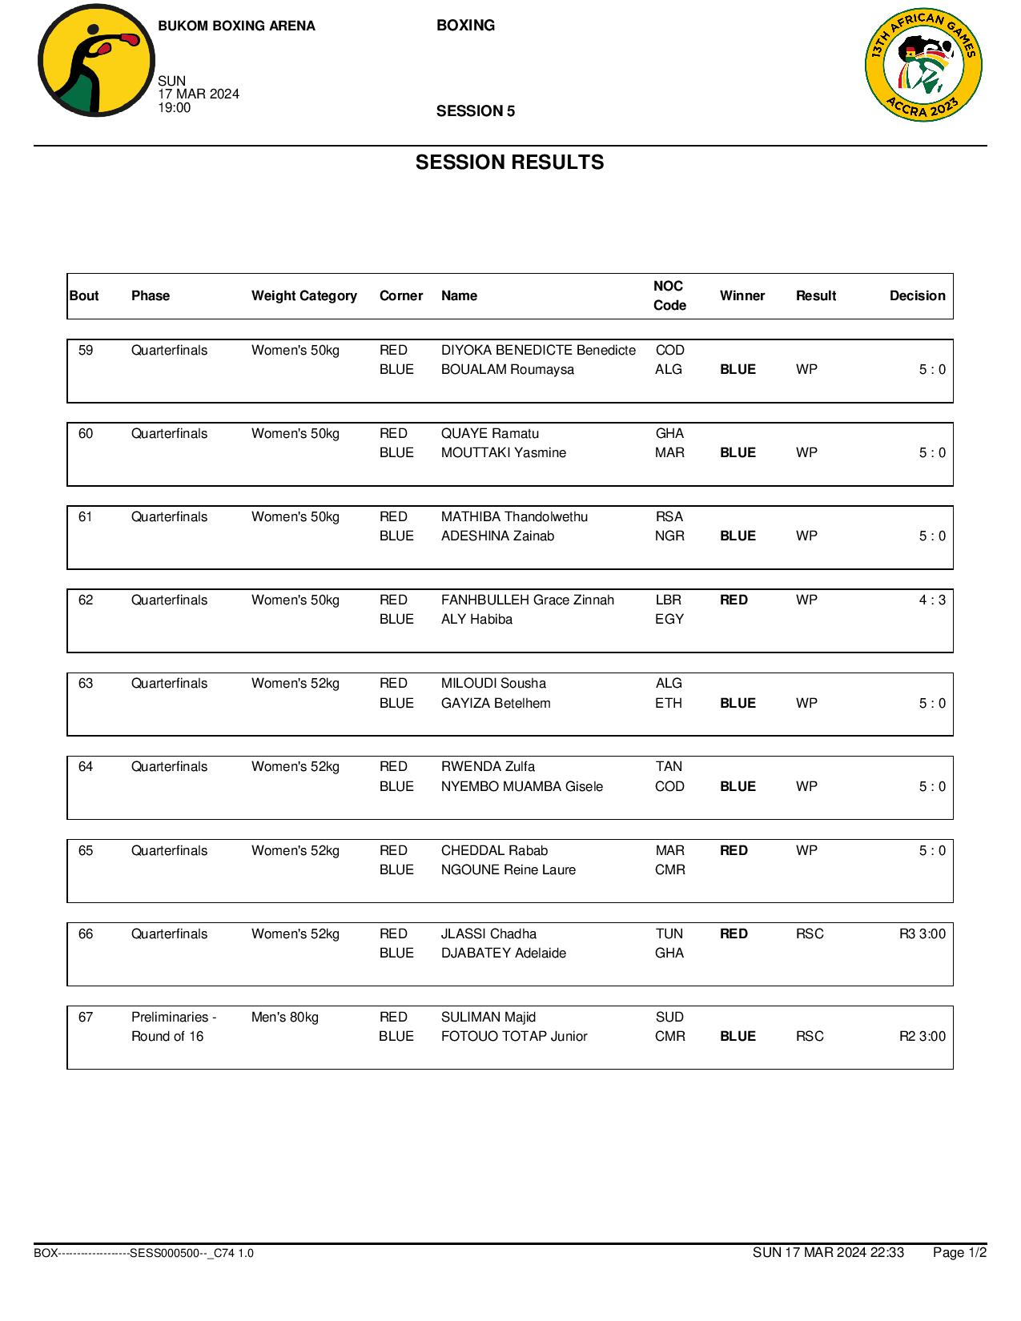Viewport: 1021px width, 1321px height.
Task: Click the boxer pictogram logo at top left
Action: click(95, 61)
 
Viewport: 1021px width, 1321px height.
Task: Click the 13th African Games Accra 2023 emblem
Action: click(923, 66)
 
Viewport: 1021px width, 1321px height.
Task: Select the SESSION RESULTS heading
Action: click(509, 163)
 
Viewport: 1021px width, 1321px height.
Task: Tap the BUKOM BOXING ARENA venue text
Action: click(236, 26)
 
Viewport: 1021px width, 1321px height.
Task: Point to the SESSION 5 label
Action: click(475, 111)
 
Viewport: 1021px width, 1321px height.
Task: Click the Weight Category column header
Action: click(303, 295)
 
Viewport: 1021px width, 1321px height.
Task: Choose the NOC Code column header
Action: click(669, 295)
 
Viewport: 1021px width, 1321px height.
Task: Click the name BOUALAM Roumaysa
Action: click(507, 369)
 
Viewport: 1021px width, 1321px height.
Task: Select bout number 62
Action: click(86, 600)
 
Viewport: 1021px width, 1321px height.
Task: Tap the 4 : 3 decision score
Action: click(931, 600)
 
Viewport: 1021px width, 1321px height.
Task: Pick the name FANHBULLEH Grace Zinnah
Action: click(527, 600)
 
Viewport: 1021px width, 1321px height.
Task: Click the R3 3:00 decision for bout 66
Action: click(922, 934)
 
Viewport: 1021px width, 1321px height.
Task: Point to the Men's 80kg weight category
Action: click(284, 1017)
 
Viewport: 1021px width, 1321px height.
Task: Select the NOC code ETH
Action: click(669, 703)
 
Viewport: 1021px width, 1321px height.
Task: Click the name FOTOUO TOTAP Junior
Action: click(513, 1036)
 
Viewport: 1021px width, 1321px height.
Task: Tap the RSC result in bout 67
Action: click(809, 1036)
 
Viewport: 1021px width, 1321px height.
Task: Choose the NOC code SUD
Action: click(669, 1017)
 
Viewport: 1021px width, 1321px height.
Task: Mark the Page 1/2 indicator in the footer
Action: click(959, 1252)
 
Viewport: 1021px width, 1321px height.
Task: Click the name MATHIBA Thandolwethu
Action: click(514, 516)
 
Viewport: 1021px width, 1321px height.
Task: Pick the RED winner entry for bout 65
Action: click(734, 850)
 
